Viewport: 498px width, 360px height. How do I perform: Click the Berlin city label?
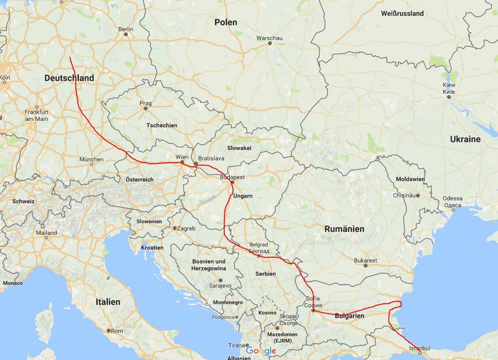[126, 29]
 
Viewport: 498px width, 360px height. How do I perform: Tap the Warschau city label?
[270, 37]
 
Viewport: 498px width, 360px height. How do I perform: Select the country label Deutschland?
[70, 78]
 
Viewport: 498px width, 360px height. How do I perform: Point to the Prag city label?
[146, 102]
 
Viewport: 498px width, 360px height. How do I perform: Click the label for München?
[92, 159]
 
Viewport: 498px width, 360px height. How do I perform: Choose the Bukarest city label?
[365, 259]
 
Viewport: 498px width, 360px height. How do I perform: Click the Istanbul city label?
[420, 347]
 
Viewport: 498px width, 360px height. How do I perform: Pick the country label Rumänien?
[344, 229]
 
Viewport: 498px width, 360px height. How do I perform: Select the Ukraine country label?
[466, 139]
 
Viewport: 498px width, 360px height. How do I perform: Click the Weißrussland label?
[402, 13]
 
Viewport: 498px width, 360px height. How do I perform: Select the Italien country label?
[108, 301]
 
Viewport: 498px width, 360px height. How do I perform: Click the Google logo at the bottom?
[260, 351]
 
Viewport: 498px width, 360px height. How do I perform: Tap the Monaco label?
[12, 283]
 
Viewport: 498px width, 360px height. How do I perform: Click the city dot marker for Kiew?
[448, 97]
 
